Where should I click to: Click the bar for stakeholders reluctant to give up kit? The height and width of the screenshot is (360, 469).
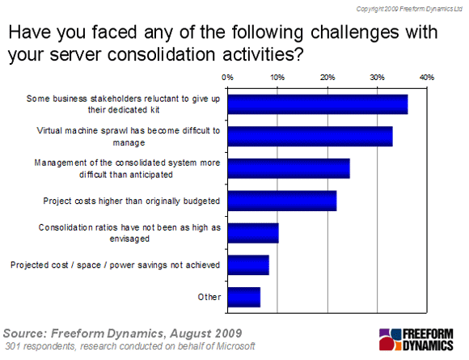318,104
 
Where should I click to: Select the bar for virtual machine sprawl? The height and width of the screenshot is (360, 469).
311,137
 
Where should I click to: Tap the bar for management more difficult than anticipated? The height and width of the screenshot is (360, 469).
289,168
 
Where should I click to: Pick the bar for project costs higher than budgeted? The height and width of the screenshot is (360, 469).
282,201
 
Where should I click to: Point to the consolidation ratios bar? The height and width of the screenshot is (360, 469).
253,233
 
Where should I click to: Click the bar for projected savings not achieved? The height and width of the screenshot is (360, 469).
248,265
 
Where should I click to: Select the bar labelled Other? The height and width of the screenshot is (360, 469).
244,298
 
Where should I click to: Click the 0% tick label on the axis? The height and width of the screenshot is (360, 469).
227,78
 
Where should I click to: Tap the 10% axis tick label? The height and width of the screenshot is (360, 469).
277,78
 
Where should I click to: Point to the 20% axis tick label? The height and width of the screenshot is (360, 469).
327,78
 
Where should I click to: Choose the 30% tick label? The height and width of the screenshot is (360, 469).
377,78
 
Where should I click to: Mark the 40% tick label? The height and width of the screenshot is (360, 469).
427,78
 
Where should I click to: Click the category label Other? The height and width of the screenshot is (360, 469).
209,297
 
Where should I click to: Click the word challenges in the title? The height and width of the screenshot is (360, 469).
355,33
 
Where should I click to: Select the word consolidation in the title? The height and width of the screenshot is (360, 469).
161,54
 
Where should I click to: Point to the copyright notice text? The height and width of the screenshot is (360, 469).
409,9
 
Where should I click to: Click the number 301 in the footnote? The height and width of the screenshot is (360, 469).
13,346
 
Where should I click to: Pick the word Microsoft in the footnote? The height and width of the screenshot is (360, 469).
235,346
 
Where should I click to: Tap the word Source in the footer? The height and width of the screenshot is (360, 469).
25,333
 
